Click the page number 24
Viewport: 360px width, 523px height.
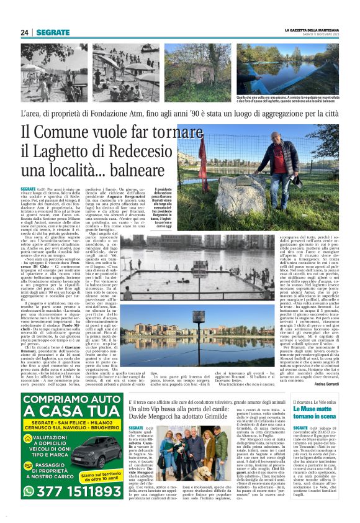click(24, 32)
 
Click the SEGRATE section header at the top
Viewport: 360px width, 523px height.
click(53, 32)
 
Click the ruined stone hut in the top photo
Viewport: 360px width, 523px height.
click(187, 68)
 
